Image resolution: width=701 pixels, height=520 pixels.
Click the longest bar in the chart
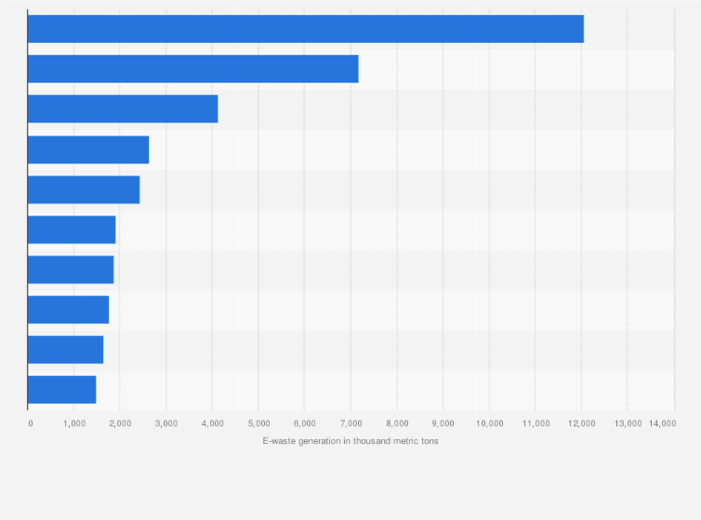(306, 29)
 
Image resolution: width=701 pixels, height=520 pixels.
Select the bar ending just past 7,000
(193, 69)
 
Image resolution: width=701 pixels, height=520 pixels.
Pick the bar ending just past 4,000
(123, 109)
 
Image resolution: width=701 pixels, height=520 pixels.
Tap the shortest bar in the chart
(62, 389)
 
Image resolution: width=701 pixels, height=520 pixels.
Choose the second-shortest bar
(66, 349)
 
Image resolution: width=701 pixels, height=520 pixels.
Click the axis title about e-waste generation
(350, 440)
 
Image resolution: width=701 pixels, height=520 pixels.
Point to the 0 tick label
(31, 423)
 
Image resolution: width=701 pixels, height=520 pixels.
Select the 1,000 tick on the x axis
(73, 423)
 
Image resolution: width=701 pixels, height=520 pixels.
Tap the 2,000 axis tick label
(120, 423)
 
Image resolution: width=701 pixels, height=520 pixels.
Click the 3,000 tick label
(165, 423)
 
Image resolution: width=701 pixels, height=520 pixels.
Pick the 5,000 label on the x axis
(258, 423)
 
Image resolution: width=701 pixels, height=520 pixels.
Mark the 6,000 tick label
(304, 423)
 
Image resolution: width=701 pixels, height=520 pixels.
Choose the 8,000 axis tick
(397, 423)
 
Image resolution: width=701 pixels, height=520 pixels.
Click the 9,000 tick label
(443, 423)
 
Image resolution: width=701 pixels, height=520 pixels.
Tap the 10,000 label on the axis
(489, 423)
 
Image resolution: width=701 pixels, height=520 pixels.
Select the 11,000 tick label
(536, 423)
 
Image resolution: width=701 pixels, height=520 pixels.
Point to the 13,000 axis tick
(628, 423)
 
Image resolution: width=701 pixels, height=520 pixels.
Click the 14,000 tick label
(663, 423)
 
